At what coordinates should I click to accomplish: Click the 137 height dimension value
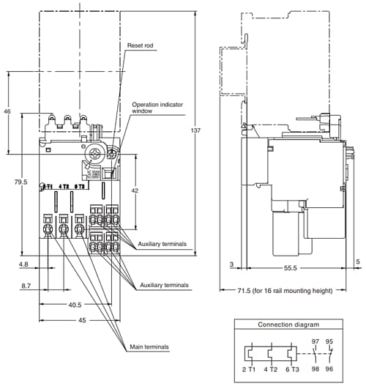click(194, 130)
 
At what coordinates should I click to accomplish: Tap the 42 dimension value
click(134, 190)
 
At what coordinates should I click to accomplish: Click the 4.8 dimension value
click(23, 264)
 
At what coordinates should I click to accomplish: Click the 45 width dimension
click(82, 319)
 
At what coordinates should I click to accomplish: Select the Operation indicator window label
click(157, 108)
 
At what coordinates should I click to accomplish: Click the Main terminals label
click(149, 347)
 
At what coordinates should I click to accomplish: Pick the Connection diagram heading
click(288, 325)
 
